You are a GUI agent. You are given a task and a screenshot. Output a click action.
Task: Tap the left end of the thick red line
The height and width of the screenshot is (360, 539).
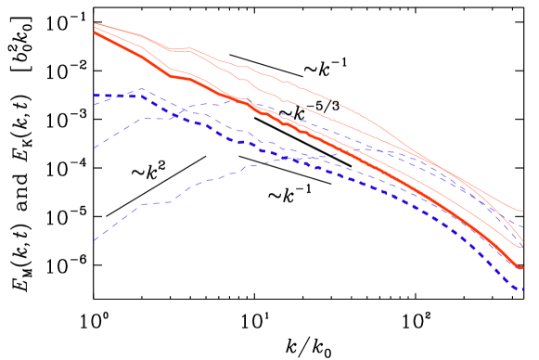click(94, 32)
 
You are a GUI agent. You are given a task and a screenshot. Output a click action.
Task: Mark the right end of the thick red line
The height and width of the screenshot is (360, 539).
click(523, 268)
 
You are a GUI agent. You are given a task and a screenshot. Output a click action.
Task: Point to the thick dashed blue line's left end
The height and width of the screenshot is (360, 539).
click(94, 96)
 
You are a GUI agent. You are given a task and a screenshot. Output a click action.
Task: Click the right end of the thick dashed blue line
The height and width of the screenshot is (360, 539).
click(524, 290)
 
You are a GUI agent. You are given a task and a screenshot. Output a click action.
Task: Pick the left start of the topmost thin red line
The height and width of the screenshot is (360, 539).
click(94, 22)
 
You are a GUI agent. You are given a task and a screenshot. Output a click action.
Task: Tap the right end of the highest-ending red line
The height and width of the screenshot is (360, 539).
click(523, 212)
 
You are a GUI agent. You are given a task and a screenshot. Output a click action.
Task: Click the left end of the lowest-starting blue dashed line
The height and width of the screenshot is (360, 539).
click(94, 241)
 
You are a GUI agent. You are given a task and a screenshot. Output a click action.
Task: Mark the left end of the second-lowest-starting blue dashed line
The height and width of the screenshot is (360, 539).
click(94, 148)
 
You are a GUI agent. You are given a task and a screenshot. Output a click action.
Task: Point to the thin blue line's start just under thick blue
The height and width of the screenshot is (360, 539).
click(94, 104)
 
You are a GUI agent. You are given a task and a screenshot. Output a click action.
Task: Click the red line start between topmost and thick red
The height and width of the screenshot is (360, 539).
click(94, 27)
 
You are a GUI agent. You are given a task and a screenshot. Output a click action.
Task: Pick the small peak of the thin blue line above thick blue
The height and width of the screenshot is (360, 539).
click(141, 89)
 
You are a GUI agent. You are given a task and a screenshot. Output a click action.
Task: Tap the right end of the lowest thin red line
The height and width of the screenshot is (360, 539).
click(523, 248)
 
